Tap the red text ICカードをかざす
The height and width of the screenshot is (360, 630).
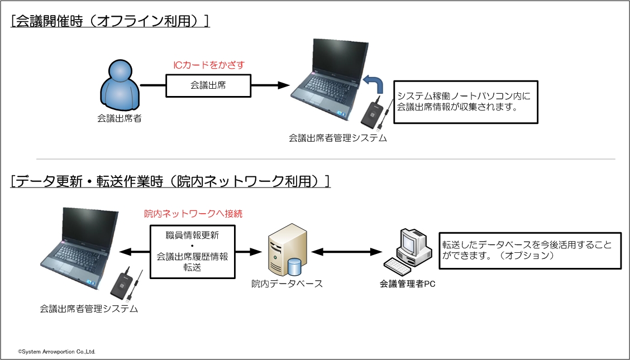(x=208, y=65)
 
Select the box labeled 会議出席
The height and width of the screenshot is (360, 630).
(x=208, y=85)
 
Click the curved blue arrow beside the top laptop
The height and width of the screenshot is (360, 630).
(x=374, y=86)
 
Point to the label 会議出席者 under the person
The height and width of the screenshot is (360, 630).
(x=119, y=118)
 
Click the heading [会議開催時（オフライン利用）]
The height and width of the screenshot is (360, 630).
(x=109, y=21)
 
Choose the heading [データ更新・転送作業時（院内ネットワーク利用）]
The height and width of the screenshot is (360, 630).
(x=170, y=181)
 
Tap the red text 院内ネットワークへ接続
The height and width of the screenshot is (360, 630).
(x=193, y=214)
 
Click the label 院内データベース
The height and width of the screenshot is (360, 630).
(x=287, y=284)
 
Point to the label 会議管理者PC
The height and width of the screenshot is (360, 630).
(x=407, y=284)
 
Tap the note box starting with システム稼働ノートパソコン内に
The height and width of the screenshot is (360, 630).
(x=465, y=102)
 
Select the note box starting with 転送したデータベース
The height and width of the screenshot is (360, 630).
(x=530, y=251)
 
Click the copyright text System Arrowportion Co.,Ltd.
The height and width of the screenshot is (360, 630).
(x=57, y=352)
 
